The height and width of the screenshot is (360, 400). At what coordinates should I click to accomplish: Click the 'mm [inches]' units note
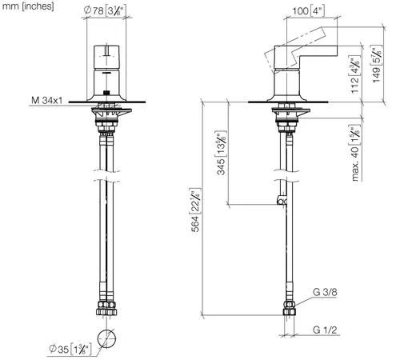coord(28,6)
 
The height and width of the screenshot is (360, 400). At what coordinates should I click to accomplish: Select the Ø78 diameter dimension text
coord(104,11)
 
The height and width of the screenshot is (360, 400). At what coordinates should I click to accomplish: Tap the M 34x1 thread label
coord(47,101)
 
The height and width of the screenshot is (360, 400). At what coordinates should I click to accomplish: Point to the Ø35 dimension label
coord(70,349)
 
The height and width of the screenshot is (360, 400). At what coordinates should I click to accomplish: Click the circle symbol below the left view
coord(106,338)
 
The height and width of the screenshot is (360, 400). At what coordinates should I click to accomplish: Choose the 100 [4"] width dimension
coord(309,11)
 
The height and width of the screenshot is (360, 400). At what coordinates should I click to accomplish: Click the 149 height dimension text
coord(377,64)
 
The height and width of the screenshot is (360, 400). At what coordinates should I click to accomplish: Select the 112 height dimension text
coord(355,74)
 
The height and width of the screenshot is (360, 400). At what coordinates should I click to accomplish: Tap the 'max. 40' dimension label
coord(355,154)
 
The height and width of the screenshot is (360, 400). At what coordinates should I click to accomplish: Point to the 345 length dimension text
coord(221,153)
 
